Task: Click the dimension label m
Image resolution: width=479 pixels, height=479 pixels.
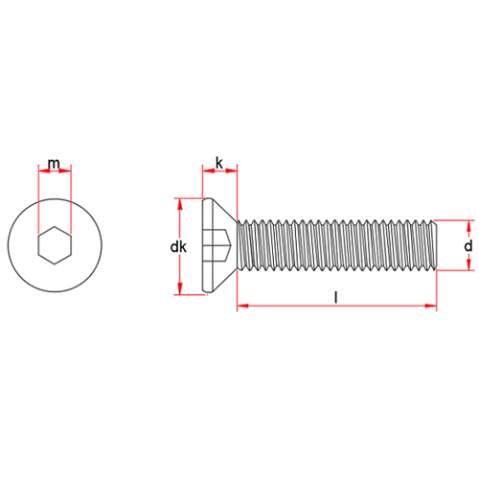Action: point(54,164)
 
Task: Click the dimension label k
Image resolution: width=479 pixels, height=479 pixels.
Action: point(219,163)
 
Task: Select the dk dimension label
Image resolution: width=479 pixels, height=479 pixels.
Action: point(178,247)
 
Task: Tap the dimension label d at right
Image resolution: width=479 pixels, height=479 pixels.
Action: point(468,246)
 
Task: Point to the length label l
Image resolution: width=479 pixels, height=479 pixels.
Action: point(335,298)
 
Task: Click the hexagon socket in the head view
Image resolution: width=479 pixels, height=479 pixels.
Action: point(55,245)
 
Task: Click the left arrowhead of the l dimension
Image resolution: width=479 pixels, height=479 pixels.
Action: point(242,306)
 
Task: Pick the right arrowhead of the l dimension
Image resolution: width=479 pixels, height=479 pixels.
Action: point(431,306)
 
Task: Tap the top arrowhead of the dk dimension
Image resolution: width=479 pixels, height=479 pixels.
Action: point(180,204)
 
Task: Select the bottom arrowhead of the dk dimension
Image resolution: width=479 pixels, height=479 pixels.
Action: point(180,288)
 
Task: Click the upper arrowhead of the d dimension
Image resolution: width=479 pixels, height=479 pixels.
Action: point(468,226)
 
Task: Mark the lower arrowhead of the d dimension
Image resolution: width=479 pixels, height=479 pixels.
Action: point(468,264)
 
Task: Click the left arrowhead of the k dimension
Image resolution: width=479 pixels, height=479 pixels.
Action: point(208,171)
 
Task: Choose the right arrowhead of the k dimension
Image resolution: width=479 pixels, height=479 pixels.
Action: point(232,171)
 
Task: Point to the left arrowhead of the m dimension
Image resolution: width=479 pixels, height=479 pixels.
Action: point(44,171)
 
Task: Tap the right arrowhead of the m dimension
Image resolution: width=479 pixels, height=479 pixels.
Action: point(65,171)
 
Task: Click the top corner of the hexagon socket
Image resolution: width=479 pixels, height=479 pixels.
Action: point(55,227)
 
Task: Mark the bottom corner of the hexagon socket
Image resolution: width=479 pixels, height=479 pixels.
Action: point(55,264)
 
